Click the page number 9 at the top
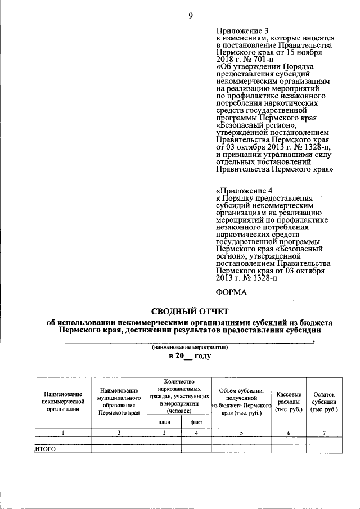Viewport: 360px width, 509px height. [x=190, y=16]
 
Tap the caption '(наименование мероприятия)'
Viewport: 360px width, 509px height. [x=188, y=348]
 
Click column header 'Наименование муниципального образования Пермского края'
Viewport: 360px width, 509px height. [x=118, y=401]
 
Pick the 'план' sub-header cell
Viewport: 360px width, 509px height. [x=164, y=421]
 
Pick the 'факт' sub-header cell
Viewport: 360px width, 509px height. [x=196, y=421]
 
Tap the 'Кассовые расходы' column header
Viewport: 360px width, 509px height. [x=289, y=402]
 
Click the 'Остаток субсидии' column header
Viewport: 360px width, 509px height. [x=324, y=402]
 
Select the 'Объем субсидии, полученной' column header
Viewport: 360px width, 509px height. [x=241, y=394]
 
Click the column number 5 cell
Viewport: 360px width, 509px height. [x=241, y=433]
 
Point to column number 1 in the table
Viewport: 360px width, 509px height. [x=63, y=433]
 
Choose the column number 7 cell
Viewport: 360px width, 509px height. [x=324, y=433]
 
